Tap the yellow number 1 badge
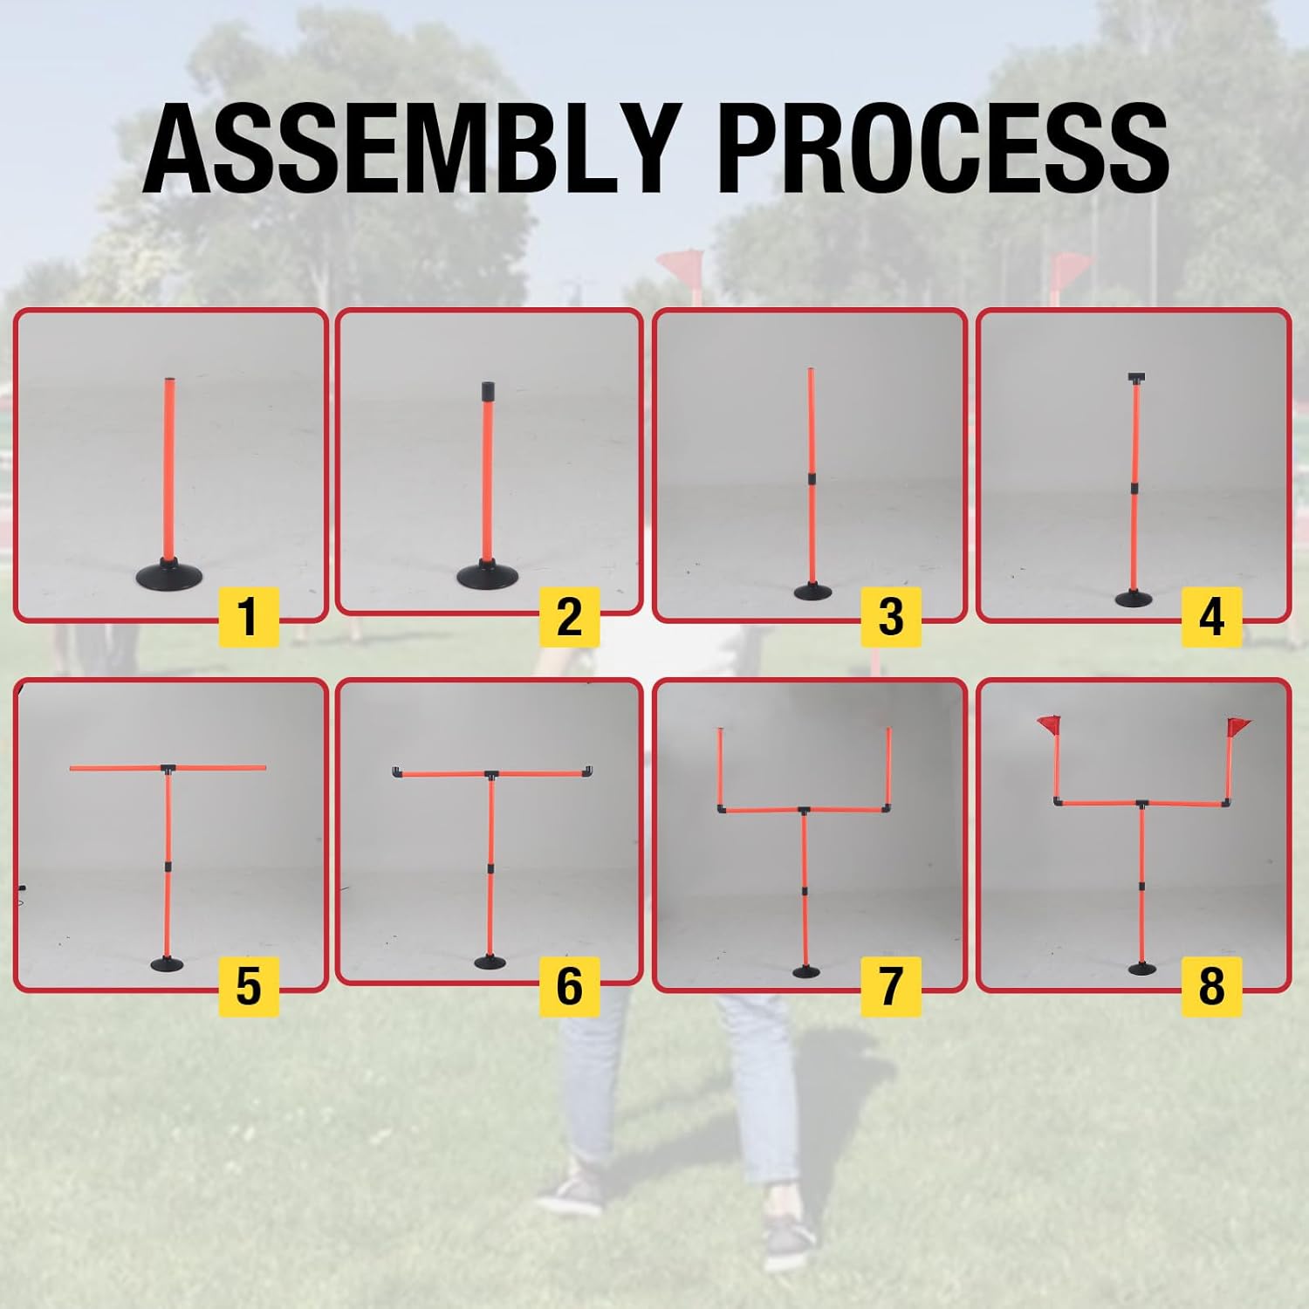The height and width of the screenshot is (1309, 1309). tap(249, 617)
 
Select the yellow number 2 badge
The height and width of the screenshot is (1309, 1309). tap(569, 617)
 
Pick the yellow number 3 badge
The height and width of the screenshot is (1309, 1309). tap(890, 617)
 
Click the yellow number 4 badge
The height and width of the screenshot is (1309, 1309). tap(1211, 617)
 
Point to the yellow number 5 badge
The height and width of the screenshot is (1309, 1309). tap(249, 986)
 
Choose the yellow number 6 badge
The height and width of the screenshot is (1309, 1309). tap(569, 986)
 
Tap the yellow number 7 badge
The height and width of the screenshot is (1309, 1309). tap(890, 986)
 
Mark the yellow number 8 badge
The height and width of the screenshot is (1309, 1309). tap(1211, 986)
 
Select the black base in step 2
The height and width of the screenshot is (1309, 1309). tap(490, 575)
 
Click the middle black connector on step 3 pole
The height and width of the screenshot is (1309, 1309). tap(812, 479)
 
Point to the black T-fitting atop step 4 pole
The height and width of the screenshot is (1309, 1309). tap(1135, 379)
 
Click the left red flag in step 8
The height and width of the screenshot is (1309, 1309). tap(1050, 724)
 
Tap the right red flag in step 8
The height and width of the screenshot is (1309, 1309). tap(1238, 725)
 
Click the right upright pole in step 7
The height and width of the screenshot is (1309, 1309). tap(889, 764)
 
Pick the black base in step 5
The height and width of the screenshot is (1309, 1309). tap(168, 963)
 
